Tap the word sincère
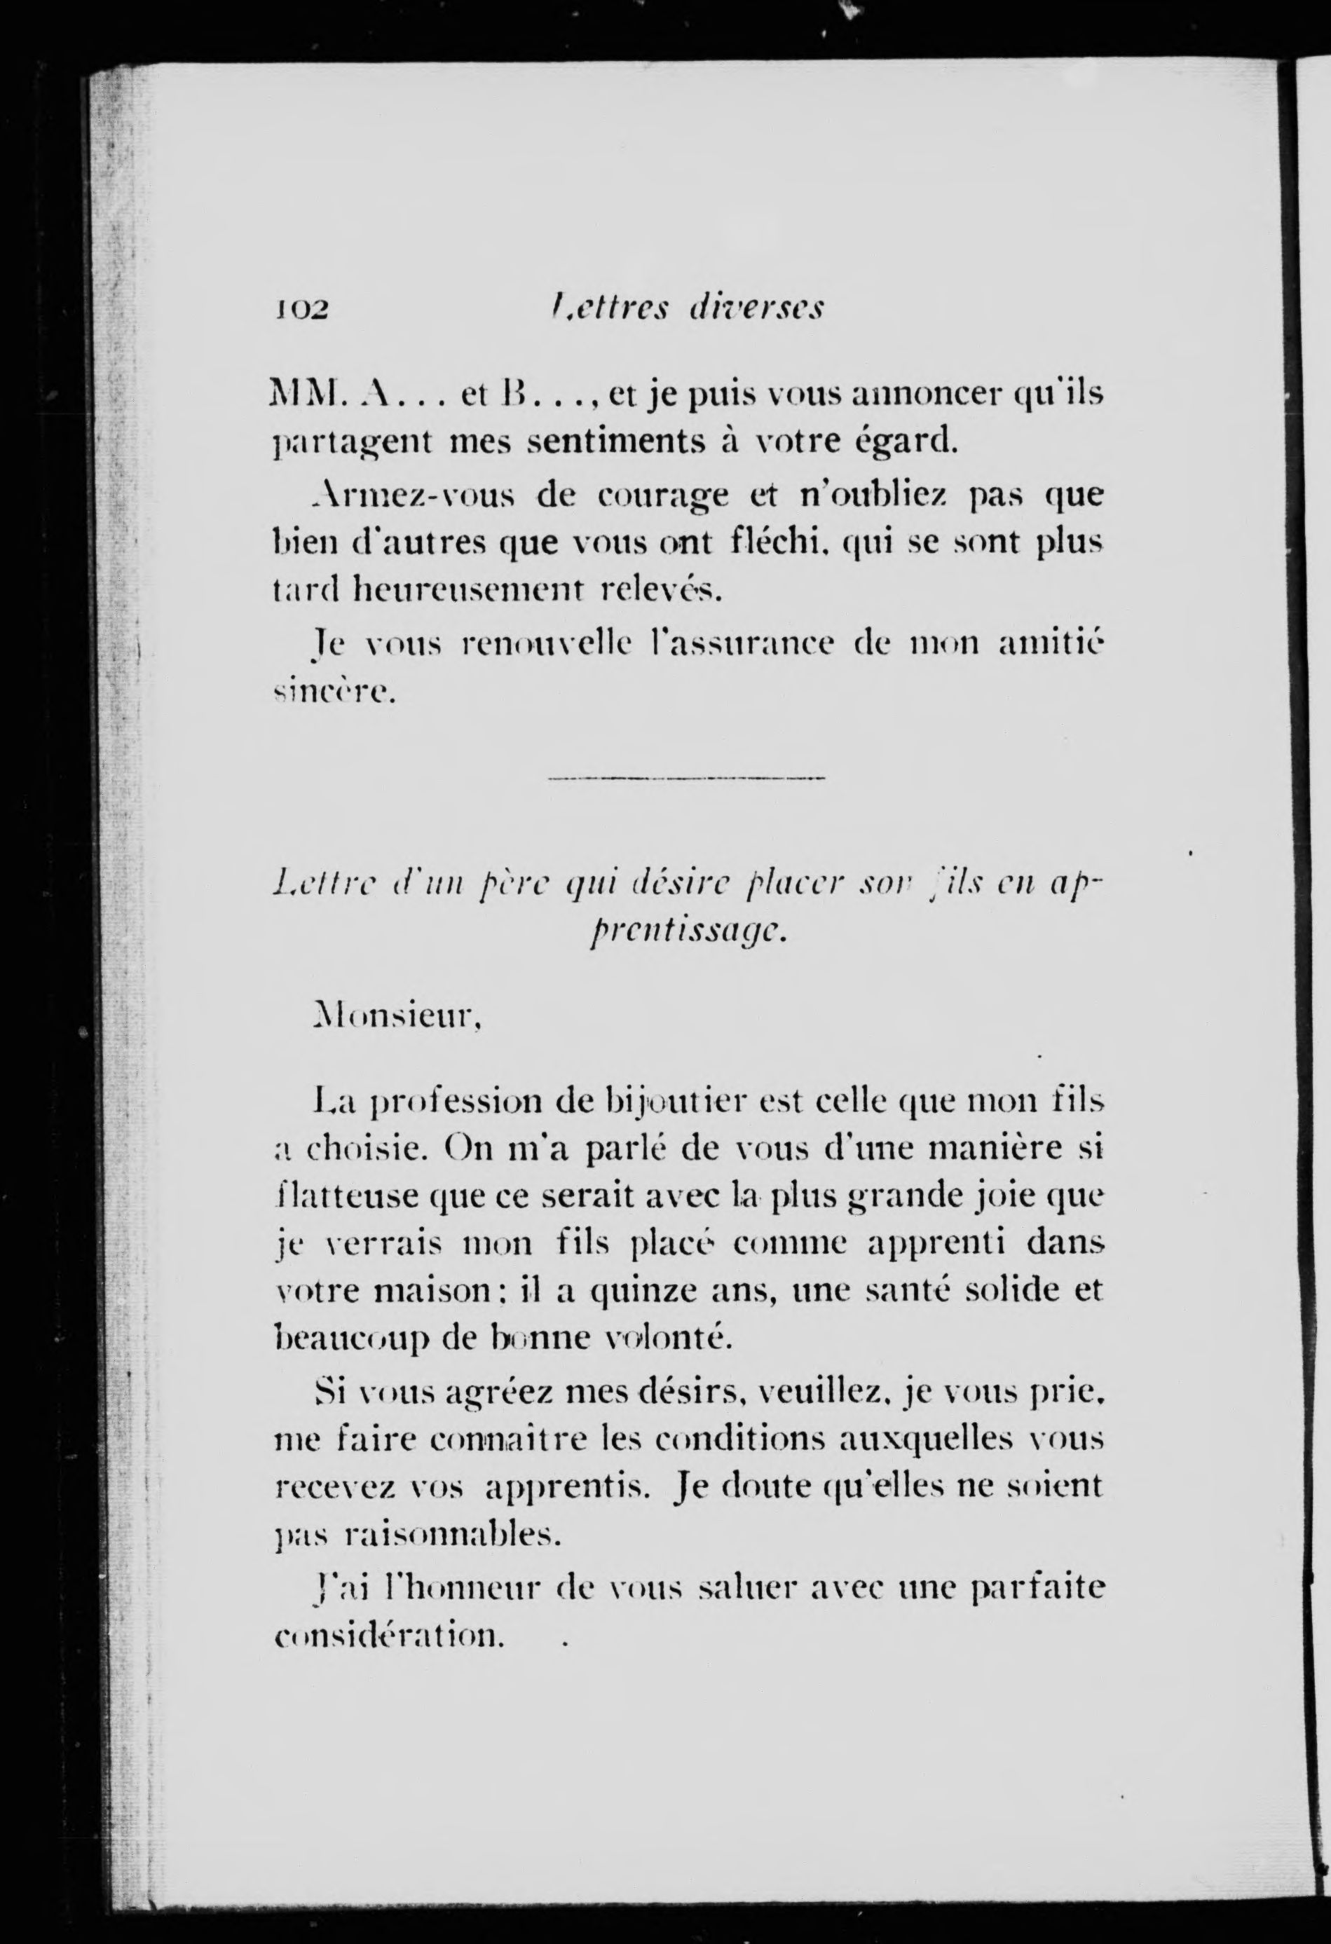tap(333, 692)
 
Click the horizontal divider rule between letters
tap(686, 779)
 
